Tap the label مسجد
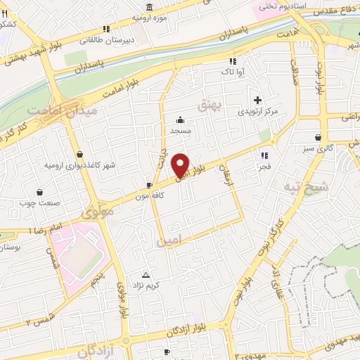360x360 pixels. [181, 131]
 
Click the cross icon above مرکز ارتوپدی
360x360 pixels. [258, 101]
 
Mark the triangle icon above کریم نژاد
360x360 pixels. [146, 274]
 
